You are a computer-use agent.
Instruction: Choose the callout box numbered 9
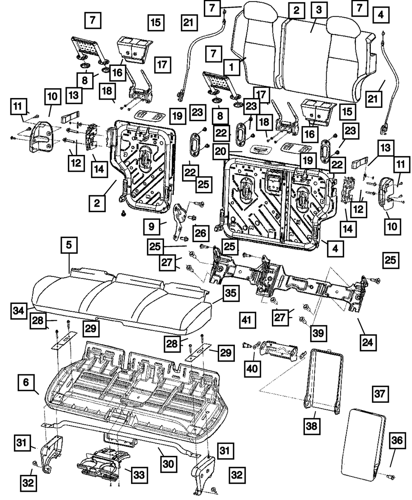click(x=151, y=226)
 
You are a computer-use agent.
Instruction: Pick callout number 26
click(x=200, y=233)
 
